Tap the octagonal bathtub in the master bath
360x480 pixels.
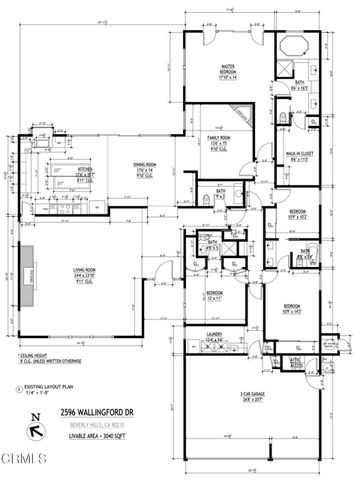pos(297,47)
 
